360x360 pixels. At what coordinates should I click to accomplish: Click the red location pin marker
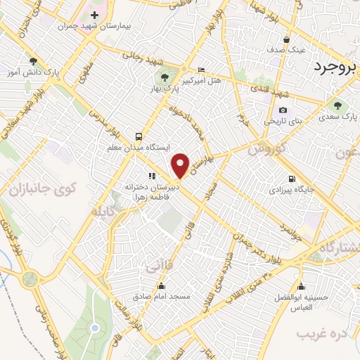click(x=180, y=165)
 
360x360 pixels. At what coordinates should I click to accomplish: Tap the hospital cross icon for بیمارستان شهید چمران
click(x=94, y=15)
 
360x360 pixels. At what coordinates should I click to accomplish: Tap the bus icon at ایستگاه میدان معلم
click(x=138, y=136)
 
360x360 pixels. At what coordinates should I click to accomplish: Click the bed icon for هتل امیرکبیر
click(x=202, y=70)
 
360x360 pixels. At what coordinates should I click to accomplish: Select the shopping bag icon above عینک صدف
click(x=287, y=39)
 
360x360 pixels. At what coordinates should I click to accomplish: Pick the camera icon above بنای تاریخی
click(x=283, y=110)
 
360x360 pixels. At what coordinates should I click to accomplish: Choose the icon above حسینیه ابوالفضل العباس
click(x=302, y=285)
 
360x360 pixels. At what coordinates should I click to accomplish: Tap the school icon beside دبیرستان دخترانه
click(x=151, y=176)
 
